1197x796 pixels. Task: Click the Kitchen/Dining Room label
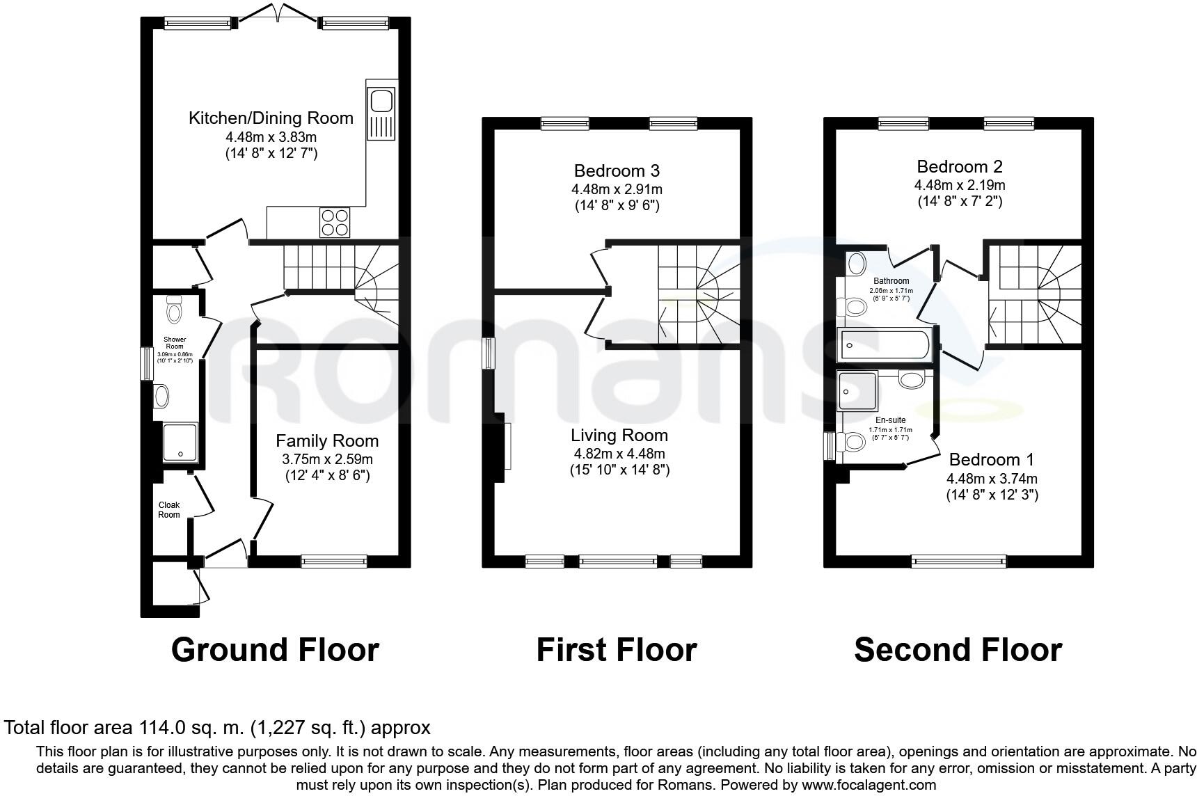[x=271, y=118]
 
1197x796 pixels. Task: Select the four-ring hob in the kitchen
[x=334, y=223]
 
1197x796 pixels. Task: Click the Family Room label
[x=327, y=440]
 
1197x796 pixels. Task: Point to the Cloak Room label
[x=169, y=510]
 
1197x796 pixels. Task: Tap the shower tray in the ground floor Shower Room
[x=180, y=443]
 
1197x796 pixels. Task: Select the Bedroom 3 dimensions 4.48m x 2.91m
[x=617, y=189]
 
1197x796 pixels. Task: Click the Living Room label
[x=619, y=436]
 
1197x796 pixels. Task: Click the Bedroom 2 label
[x=959, y=166]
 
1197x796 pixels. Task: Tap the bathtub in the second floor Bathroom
[x=885, y=346]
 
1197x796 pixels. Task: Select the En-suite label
[x=890, y=420]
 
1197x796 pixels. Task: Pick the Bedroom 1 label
[x=991, y=459]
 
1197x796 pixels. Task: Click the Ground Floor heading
[x=275, y=649]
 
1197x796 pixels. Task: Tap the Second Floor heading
[x=958, y=649]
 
